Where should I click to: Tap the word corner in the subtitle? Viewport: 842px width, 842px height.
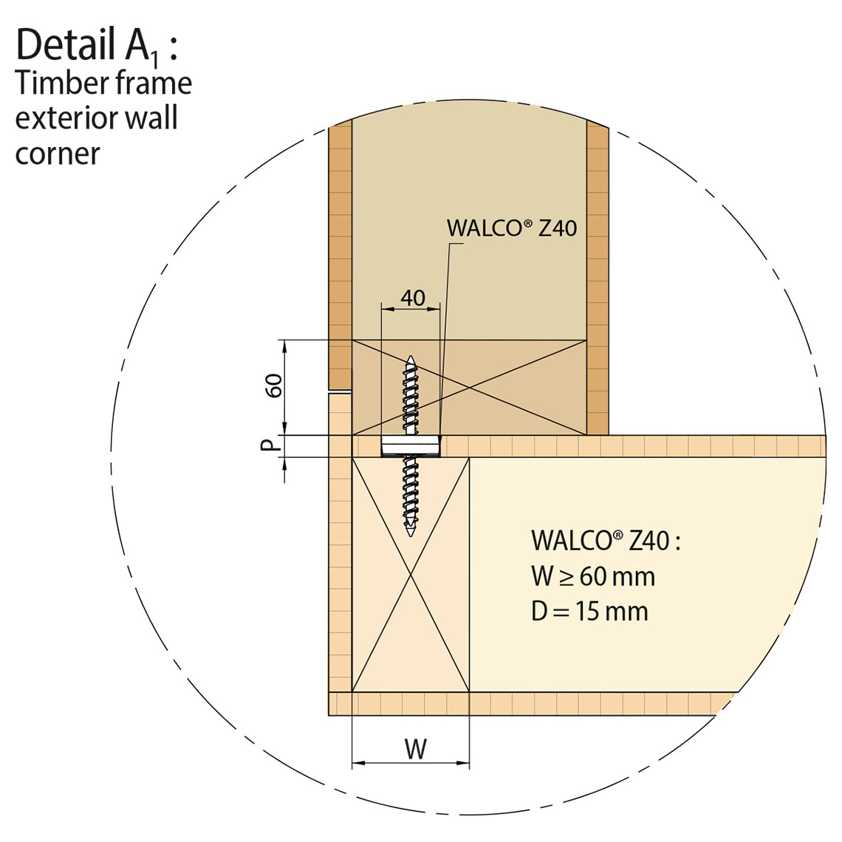click(x=58, y=154)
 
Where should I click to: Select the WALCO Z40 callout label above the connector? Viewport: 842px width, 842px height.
click(x=512, y=228)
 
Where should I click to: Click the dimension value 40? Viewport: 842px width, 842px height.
click(x=413, y=298)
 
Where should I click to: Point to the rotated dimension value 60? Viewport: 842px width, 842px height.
click(x=275, y=385)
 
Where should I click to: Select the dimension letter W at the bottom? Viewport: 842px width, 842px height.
click(x=416, y=749)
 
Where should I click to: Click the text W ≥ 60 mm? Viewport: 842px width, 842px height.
click(x=593, y=577)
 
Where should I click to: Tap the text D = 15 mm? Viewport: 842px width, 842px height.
click(x=589, y=611)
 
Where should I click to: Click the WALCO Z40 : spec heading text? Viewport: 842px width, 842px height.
click(x=606, y=540)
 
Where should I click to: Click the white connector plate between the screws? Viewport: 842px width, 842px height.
click(x=411, y=447)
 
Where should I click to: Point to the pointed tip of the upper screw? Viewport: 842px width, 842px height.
click(x=411, y=357)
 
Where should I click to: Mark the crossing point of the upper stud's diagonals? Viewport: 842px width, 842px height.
click(x=469, y=388)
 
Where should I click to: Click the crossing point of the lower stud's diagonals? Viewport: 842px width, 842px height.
click(x=411, y=575)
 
